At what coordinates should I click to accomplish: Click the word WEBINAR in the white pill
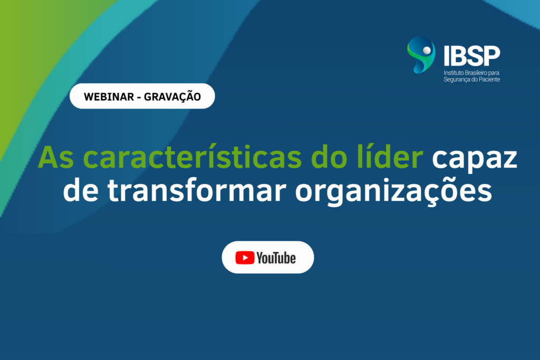pyautogui.click(x=109, y=96)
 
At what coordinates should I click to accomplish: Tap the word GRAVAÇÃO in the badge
pyautogui.click(x=172, y=96)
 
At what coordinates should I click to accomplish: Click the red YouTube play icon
pyautogui.click(x=245, y=258)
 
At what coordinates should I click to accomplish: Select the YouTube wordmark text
pyautogui.click(x=276, y=258)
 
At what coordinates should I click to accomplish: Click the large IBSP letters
pyautogui.click(x=472, y=55)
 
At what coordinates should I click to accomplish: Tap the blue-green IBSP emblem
pyautogui.click(x=421, y=55)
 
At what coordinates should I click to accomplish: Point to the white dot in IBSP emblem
pyautogui.click(x=427, y=51)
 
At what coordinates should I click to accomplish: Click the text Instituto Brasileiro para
pyautogui.click(x=471, y=73)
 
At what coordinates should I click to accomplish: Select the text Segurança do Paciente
pyautogui.click(x=472, y=80)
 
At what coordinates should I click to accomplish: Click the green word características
pyautogui.click(x=192, y=157)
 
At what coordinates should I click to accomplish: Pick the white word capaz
pyautogui.click(x=475, y=159)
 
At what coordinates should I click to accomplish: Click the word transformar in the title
pyautogui.click(x=197, y=190)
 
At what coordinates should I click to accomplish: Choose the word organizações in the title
pyautogui.click(x=393, y=192)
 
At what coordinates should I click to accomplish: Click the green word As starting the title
pyautogui.click(x=55, y=158)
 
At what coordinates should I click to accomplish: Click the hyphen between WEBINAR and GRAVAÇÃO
pyautogui.click(x=139, y=98)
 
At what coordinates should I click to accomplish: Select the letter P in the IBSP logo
pyautogui.click(x=492, y=55)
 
